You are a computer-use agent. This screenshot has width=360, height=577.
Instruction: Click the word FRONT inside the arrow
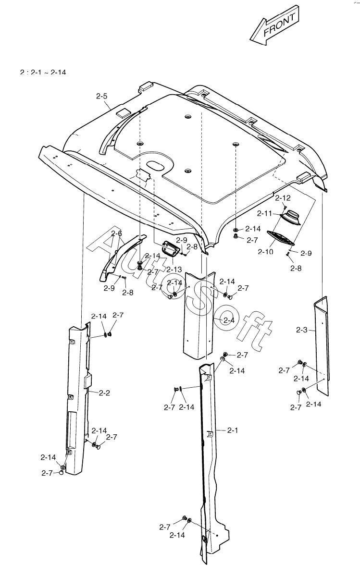279,25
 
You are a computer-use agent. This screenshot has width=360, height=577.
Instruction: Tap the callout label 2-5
101,97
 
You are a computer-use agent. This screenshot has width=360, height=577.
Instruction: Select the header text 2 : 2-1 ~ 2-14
43,73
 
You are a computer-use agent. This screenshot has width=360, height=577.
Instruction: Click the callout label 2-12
283,198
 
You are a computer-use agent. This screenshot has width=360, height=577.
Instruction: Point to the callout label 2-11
265,213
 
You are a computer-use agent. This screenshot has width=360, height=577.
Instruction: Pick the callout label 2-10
265,251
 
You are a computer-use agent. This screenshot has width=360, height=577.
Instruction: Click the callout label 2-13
174,270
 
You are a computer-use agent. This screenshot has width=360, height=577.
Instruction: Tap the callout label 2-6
116,233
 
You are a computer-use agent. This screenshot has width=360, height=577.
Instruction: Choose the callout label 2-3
302,330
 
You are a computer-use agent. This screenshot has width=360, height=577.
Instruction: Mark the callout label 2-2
104,393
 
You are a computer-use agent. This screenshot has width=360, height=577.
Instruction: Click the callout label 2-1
233,430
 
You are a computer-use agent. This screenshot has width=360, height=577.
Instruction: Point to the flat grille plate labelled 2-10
280,238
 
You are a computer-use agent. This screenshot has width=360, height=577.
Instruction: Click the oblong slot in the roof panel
155,166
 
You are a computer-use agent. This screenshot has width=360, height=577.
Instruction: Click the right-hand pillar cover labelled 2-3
322,346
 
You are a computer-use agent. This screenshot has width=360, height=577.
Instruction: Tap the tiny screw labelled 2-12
285,207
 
